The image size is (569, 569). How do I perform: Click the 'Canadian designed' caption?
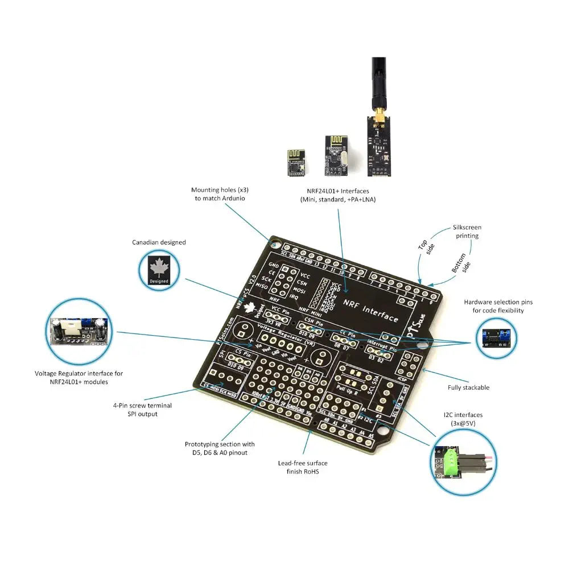pyautogui.click(x=159, y=242)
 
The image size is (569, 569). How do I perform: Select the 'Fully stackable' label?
pyautogui.click(x=468, y=387)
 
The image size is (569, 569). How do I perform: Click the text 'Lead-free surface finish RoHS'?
pyautogui.click(x=302, y=467)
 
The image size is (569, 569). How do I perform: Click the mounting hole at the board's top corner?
pyautogui.click(x=275, y=245)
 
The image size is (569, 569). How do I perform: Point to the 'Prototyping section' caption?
pyautogui.click(x=220, y=448)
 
